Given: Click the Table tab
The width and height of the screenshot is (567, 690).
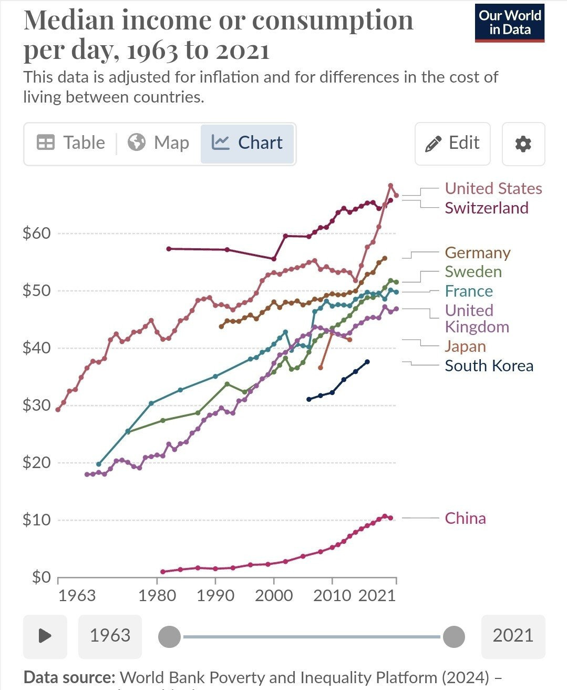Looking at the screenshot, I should pos(71,143).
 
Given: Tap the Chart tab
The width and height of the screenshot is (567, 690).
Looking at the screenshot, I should pos(247,143).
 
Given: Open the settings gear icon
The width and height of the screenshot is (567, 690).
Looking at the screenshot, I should pos(523,144).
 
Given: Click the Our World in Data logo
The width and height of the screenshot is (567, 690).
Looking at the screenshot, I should pos(509,23).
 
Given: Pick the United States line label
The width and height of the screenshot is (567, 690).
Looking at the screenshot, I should pos(493,188).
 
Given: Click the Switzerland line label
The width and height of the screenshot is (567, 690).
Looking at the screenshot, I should pos(486,208).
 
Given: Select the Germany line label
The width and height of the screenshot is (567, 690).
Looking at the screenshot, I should pos(477,252).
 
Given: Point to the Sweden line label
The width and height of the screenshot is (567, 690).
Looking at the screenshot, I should pos(473,272).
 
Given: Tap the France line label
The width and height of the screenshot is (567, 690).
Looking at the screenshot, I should pos(469,291).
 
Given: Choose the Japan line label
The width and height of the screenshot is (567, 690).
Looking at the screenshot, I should pos(465,346).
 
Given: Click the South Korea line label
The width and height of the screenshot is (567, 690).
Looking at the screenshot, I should pos(489,366).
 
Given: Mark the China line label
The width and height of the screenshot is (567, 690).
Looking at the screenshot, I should pos(465,518).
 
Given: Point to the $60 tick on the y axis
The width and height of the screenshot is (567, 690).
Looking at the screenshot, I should pos(36,233).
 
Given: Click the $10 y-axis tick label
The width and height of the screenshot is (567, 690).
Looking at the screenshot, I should pos(36,520).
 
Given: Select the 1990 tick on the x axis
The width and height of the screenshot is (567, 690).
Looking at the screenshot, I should pos(215,595).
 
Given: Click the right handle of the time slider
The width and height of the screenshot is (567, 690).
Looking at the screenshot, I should pos(453,636).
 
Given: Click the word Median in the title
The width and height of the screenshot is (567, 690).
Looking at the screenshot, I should pos(69,21).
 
